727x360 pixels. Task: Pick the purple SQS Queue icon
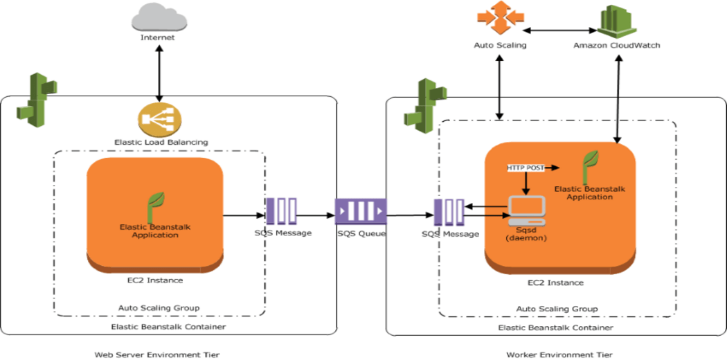pos(361,211)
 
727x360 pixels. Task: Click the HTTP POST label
pos(526,168)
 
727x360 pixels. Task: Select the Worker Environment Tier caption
pos(559,354)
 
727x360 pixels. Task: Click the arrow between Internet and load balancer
pos(159,73)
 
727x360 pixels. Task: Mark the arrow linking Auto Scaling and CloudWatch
pos(559,30)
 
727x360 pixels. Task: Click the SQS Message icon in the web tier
pos(281,212)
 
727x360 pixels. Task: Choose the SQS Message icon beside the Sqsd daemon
pos(449,213)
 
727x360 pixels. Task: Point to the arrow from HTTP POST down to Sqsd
pos(526,183)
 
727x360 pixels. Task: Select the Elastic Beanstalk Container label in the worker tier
pos(555,327)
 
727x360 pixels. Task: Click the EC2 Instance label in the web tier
pos(155,280)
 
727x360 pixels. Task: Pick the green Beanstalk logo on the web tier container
pos(37,100)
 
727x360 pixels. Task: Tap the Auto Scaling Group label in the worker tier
pos(557,309)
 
